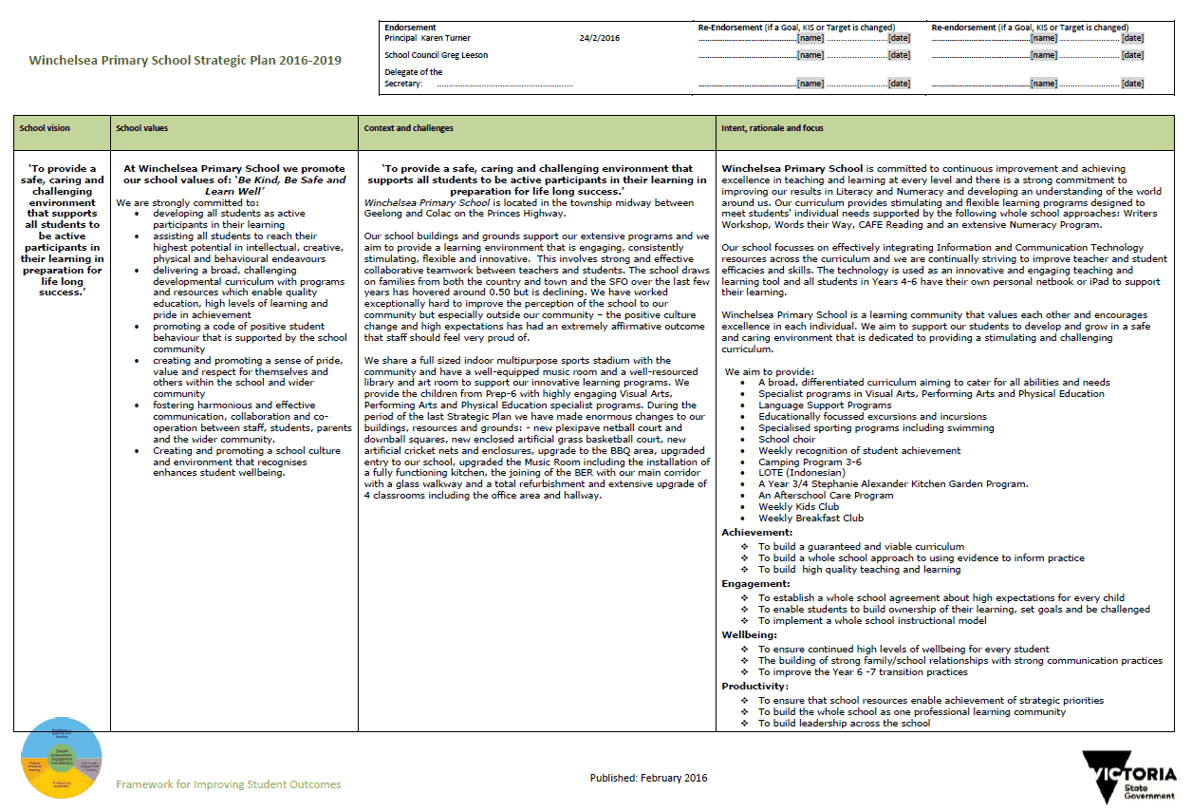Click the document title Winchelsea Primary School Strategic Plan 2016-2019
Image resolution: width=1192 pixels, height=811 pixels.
pos(185,60)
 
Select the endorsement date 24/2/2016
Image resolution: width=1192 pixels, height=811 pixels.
pos(599,38)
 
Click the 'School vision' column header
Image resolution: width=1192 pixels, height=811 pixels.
pos(45,128)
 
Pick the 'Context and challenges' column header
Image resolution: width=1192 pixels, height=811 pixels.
pos(409,128)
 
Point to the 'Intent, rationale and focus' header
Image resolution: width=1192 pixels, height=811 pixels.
pos(773,128)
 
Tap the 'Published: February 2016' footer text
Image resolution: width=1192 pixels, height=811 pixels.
pos(648,778)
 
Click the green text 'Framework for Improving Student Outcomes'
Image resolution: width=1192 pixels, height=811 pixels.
pos(228,784)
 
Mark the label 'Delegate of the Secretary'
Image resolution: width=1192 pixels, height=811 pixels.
pos(414,78)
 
